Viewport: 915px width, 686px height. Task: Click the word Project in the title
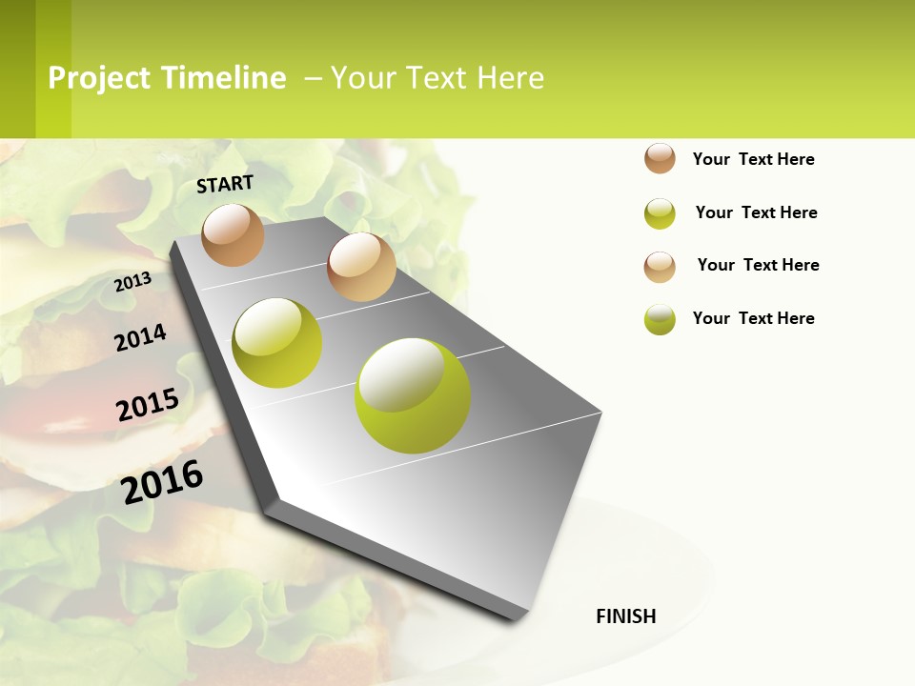tap(99, 78)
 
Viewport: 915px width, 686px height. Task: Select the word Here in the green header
tap(510, 78)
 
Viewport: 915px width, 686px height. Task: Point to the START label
tap(225, 184)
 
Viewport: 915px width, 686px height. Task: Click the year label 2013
tap(132, 281)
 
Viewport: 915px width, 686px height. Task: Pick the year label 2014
tap(140, 337)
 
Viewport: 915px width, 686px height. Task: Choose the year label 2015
tap(148, 404)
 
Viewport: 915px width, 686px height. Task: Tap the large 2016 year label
tap(162, 481)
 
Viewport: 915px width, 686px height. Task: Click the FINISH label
tap(625, 616)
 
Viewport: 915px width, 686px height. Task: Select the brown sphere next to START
tap(233, 234)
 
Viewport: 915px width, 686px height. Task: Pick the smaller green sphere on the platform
tap(277, 343)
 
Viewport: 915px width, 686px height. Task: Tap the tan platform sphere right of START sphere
tap(361, 267)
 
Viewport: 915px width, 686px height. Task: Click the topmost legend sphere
tap(660, 158)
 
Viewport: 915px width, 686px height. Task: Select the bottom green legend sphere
tap(660, 319)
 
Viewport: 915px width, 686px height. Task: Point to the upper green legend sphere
tap(660, 213)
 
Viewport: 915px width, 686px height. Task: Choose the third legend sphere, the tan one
tap(660, 267)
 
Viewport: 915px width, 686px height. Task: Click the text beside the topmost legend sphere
tap(753, 159)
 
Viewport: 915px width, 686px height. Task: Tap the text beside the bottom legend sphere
tap(753, 318)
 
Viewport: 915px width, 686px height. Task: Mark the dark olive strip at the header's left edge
tap(17, 69)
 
